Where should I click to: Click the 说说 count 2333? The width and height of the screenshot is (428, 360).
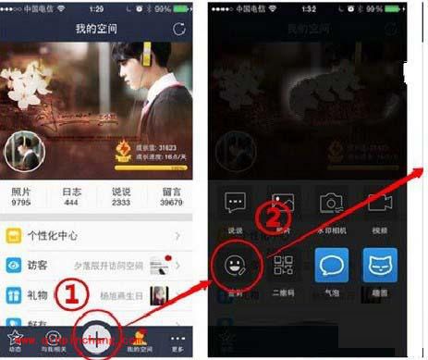(x=121, y=202)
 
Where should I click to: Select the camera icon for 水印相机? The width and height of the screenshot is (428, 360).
(x=331, y=203)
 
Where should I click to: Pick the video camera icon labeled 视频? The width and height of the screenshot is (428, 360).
(x=380, y=203)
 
